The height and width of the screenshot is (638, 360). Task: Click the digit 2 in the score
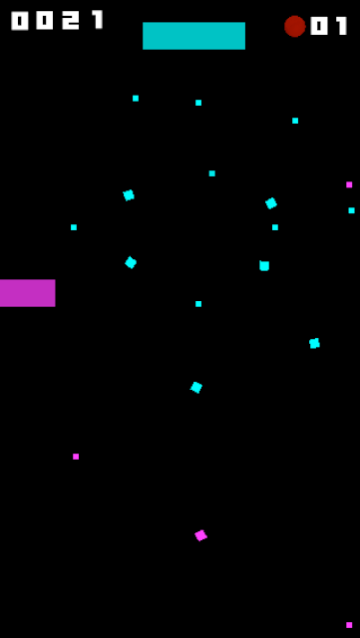tap(70, 20)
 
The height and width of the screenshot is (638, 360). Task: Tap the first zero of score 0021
tap(20, 20)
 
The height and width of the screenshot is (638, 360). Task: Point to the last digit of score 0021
tap(98, 20)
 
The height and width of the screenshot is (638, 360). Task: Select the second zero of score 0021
tap(45, 20)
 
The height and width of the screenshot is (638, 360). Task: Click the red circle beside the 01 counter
tap(295, 27)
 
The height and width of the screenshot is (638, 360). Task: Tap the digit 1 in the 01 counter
tap(342, 26)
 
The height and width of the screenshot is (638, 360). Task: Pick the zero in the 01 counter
tap(319, 26)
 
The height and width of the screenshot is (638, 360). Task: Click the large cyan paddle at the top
tap(193, 36)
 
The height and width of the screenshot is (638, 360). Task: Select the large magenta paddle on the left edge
tap(27, 293)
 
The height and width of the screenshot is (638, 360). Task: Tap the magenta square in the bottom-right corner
tap(349, 625)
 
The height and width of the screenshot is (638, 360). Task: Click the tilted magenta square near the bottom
tap(200, 535)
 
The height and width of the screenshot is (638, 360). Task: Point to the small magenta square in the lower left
tap(76, 457)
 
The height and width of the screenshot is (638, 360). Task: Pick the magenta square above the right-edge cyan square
tap(349, 184)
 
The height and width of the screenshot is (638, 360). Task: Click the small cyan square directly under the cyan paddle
tap(198, 103)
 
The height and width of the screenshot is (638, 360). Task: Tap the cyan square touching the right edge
tap(351, 210)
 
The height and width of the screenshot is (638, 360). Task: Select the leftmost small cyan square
tap(74, 227)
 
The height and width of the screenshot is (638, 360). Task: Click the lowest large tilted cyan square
tap(196, 388)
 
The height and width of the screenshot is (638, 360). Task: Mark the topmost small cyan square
tap(136, 98)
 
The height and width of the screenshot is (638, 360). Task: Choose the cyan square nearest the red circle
tap(295, 121)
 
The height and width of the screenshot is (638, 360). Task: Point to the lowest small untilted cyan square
tap(198, 304)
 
